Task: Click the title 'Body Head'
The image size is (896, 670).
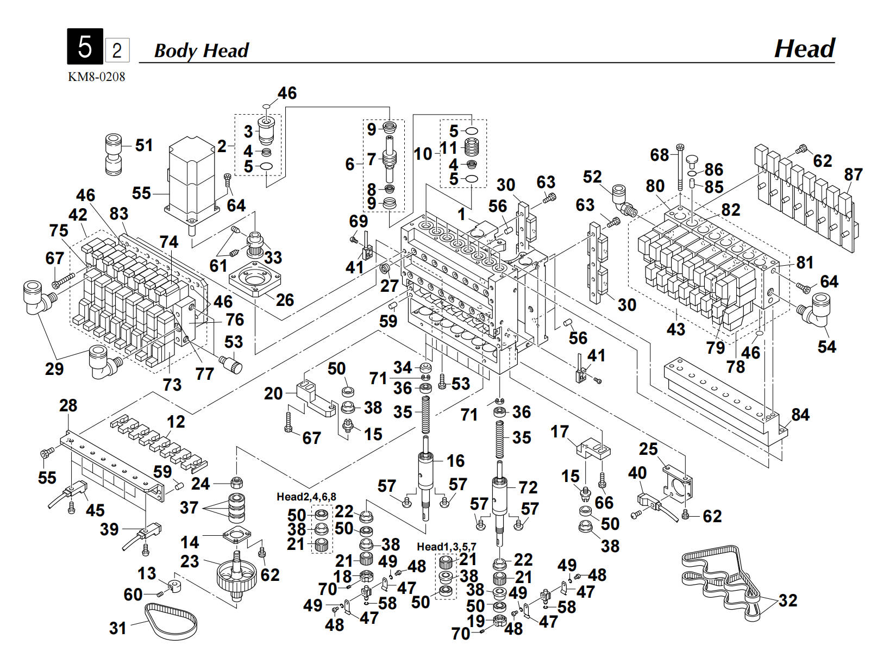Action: [201, 51]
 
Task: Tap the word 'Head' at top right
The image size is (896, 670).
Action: [804, 48]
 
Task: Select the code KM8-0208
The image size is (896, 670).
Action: [96, 77]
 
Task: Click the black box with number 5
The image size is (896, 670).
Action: [85, 47]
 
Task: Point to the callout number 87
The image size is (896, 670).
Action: [853, 174]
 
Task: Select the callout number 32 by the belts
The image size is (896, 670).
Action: [787, 600]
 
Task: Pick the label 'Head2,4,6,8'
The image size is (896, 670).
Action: [306, 497]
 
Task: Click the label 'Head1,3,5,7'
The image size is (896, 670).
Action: [446, 546]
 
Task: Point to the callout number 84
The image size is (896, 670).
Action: [800, 415]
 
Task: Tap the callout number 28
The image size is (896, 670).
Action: [68, 405]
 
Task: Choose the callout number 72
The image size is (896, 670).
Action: [528, 487]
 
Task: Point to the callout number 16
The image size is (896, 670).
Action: [455, 461]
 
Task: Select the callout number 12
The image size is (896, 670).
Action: [176, 422]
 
